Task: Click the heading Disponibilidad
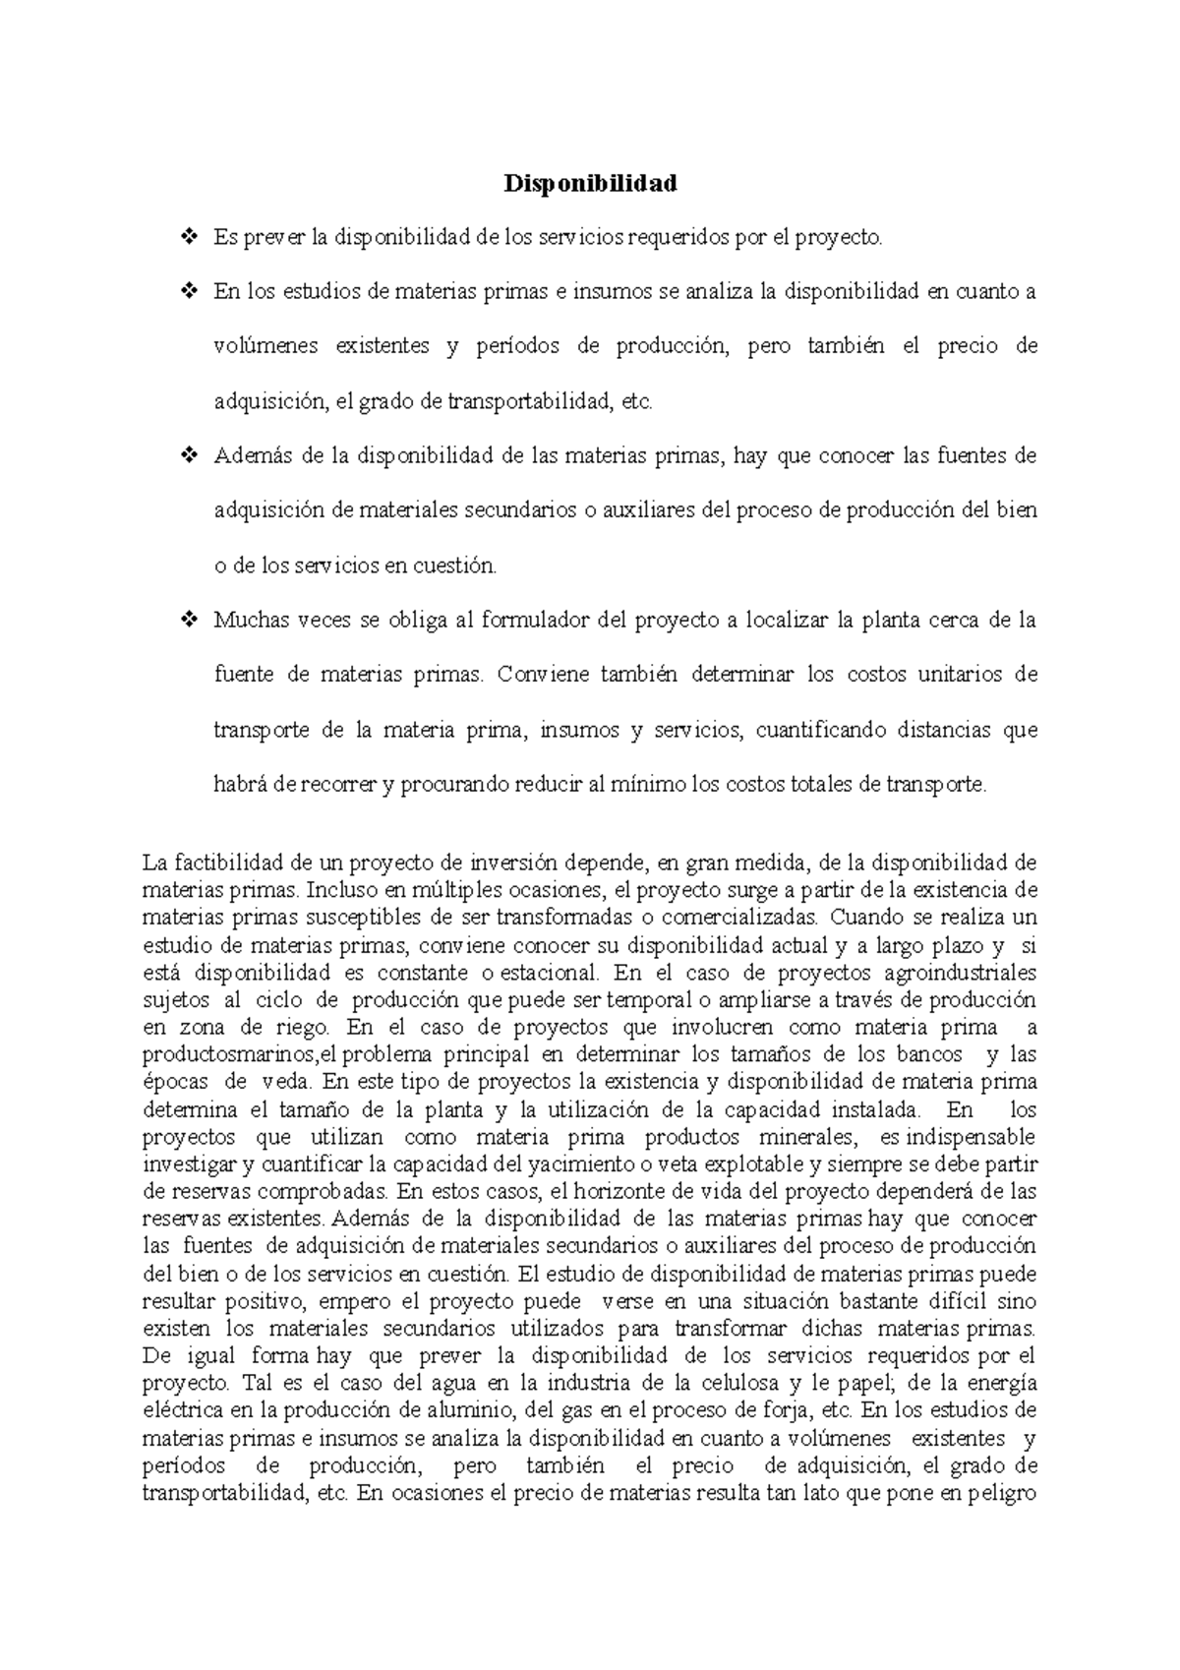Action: [590, 183]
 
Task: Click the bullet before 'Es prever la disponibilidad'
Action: [189, 237]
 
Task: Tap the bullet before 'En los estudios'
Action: [189, 292]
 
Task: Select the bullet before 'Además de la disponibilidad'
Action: [189, 456]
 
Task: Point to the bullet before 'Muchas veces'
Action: [189, 621]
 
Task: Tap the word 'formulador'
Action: [535, 621]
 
